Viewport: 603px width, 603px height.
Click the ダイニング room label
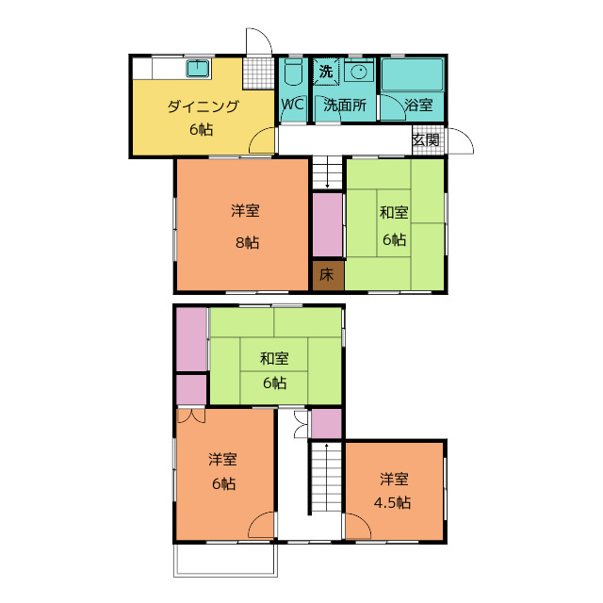[203, 106]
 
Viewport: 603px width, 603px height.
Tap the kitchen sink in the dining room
[198, 69]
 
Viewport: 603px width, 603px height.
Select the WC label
[292, 105]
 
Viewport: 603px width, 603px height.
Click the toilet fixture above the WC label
[292, 73]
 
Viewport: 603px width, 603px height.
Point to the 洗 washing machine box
[325, 71]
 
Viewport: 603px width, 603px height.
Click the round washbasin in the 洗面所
[358, 71]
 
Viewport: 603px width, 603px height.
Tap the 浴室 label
[418, 106]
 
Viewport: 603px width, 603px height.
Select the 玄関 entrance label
[425, 139]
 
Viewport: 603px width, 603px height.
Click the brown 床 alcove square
[327, 275]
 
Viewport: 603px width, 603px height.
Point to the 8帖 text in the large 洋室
[247, 242]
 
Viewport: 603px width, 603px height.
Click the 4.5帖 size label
[393, 502]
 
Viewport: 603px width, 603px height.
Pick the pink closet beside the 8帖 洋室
[328, 223]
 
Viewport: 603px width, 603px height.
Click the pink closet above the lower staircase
[326, 423]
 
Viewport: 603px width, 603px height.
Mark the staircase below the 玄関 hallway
[327, 171]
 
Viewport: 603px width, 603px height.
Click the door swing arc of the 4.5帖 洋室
[356, 528]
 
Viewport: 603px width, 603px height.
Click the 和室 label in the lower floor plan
[274, 358]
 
